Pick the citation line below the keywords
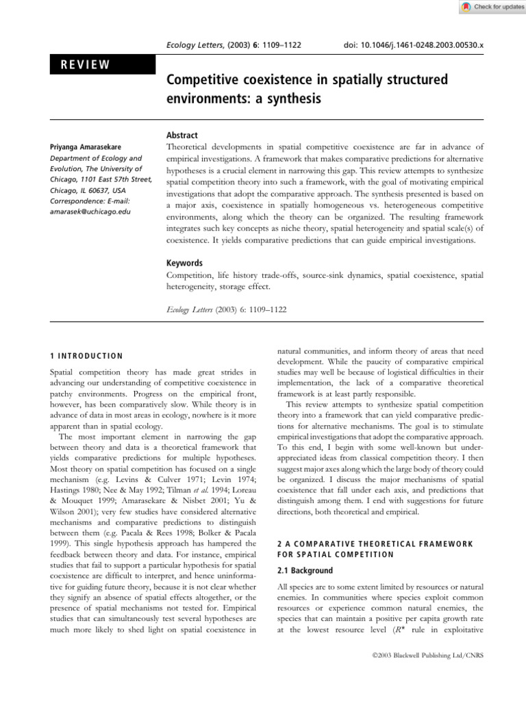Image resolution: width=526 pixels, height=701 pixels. click(x=226, y=309)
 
